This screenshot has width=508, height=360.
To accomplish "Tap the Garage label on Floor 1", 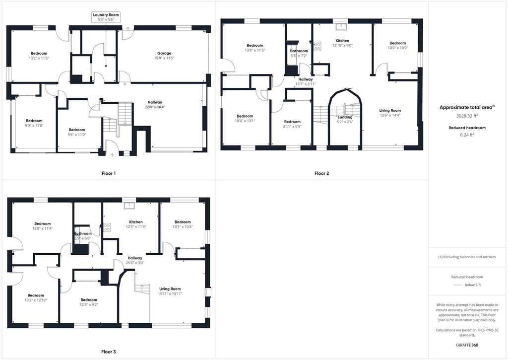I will pyautogui.click(x=164, y=56).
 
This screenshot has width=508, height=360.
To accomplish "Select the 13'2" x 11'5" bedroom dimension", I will pyautogui.click(x=39, y=58).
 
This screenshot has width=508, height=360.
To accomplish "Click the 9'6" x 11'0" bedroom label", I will pyautogui.click(x=77, y=132).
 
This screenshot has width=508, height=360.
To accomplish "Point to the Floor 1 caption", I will pyautogui.click(x=108, y=173).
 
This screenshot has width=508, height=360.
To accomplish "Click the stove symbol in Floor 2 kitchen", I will pyautogui.click(x=317, y=46).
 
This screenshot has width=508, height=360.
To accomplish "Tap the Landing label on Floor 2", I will pyautogui.click(x=345, y=120).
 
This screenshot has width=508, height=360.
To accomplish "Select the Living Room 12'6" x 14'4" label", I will pyautogui.click(x=390, y=113).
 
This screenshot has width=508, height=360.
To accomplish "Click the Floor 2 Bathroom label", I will pyautogui.click(x=299, y=53).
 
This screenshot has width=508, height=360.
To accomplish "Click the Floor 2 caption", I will pyautogui.click(x=321, y=173).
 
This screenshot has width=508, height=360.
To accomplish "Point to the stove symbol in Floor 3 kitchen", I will pyautogui.click(x=107, y=227).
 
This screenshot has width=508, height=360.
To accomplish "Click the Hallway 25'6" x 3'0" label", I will pyautogui.click(x=135, y=260).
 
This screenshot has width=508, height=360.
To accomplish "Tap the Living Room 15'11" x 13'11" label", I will pyautogui.click(x=170, y=291).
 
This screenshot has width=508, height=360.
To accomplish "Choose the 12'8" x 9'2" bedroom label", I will pyautogui.click(x=89, y=302).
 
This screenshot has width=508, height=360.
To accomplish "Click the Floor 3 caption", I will pyautogui.click(x=108, y=352).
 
